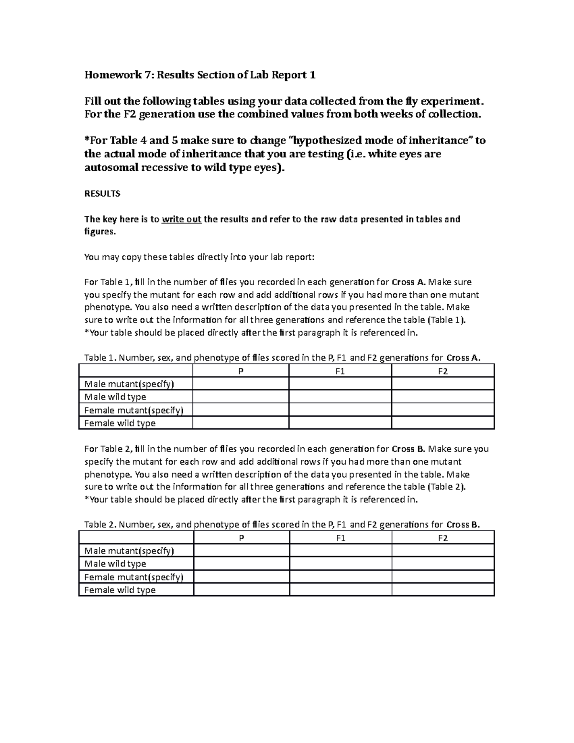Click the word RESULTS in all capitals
click(x=102, y=194)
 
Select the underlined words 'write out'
click(x=181, y=220)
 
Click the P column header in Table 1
click(x=241, y=371)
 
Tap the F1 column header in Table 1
click(x=340, y=371)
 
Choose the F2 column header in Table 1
click(x=442, y=371)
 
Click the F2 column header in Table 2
click(x=442, y=538)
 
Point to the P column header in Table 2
click(x=241, y=538)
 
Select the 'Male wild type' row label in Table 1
click(x=115, y=397)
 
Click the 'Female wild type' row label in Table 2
click(x=120, y=590)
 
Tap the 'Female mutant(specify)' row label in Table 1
click(x=134, y=410)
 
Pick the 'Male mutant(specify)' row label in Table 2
click(x=129, y=551)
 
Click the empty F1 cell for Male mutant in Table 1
click(x=340, y=384)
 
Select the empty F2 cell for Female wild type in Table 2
click(x=442, y=590)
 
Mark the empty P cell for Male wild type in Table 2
click(x=241, y=564)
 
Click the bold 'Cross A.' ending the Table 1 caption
click(x=463, y=358)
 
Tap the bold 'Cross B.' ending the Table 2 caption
click(x=463, y=524)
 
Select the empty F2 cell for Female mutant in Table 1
click(x=442, y=410)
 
